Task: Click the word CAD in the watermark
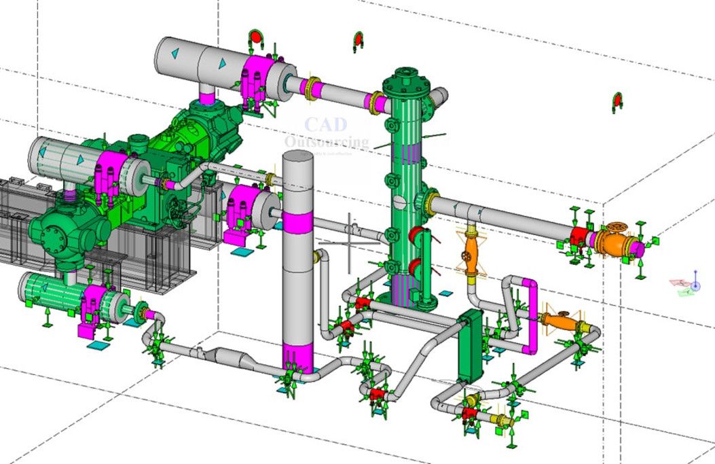coord(325,124)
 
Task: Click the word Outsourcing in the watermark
coord(327,141)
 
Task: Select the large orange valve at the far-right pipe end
coord(615,242)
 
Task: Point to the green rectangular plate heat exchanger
coord(469,346)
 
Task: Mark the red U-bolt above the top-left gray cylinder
coord(256,38)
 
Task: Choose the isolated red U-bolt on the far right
coord(617,101)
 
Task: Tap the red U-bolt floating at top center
coord(359,41)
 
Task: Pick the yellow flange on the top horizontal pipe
coord(312,89)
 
